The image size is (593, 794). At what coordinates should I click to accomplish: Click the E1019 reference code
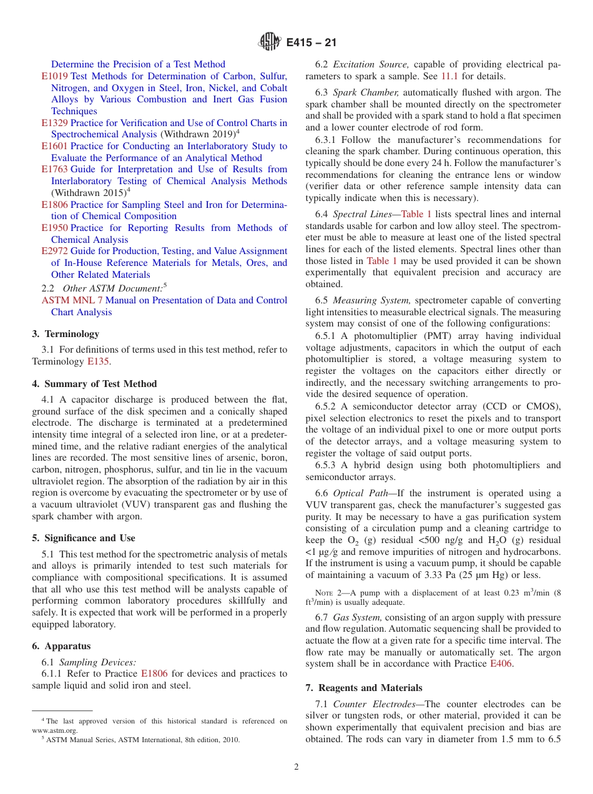tap(54, 76)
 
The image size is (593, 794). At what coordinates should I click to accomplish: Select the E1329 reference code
tap(54, 123)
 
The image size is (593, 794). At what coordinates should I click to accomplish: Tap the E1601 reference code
tap(54, 146)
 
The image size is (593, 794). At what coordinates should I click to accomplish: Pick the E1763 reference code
tap(54, 169)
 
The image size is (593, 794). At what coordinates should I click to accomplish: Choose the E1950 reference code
tap(54, 228)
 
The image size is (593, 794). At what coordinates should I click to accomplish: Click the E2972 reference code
tap(54, 251)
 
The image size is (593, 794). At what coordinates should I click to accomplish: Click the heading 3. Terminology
tap(66, 334)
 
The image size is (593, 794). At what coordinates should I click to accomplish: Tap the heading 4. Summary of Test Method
tap(94, 384)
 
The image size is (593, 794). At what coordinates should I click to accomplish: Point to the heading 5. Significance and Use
tap(84, 538)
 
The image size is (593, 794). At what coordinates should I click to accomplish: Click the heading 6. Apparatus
tap(61, 646)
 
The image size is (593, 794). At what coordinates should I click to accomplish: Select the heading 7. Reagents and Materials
tap(364, 688)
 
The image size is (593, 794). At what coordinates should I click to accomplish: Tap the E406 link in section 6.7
tap(501, 664)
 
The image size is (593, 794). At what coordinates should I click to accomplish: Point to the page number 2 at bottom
tap(296, 767)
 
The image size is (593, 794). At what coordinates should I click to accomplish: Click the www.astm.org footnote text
tap(55, 730)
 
